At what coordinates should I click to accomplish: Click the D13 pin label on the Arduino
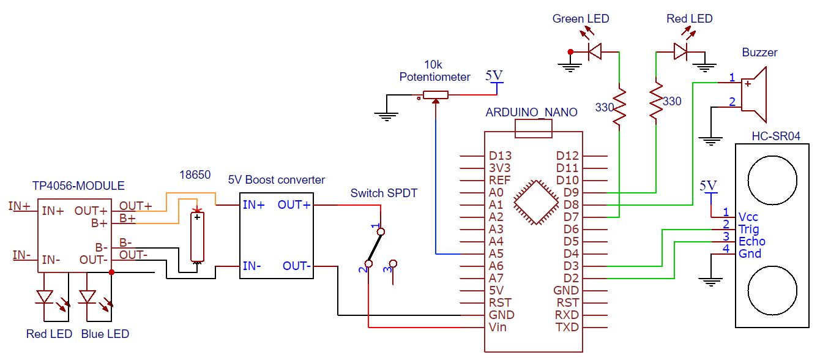pyautogui.click(x=500, y=156)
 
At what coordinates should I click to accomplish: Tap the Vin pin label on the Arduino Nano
pyautogui.click(x=497, y=327)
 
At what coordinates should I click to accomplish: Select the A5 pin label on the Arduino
pyautogui.click(x=496, y=253)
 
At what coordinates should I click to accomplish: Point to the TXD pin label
pyautogui.click(x=567, y=327)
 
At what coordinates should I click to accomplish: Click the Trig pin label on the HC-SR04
pyautogui.click(x=748, y=230)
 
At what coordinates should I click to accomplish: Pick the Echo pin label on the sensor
pyautogui.click(x=751, y=241)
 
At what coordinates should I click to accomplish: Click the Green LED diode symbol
pyautogui.click(x=594, y=52)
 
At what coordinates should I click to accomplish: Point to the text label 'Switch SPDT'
pyautogui.click(x=384, y=193)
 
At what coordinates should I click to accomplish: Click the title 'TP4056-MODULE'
pyautogui.click(x=78, y=186)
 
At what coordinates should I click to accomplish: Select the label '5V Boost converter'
pyautogui.click(x=277, y=180)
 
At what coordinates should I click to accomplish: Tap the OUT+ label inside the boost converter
pyautogui.click(x=294, y=204)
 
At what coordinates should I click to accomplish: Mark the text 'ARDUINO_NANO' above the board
pyautogui.click(x=531, y=113)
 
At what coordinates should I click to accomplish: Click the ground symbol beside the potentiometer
pyautogui.click(x=387, y=114)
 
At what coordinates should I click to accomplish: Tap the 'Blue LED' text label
pyautogui.click(x=105, y=334)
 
